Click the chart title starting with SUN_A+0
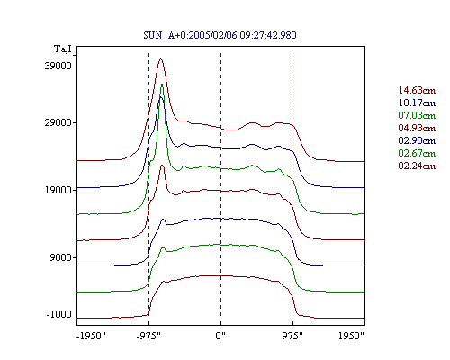tap(220, 35)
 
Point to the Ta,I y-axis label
tap(63, 49)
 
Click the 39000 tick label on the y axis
tap(58, 66)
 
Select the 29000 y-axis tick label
tap(58, 122)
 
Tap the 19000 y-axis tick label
tap(58, 190)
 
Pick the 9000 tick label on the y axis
tap(61, 257)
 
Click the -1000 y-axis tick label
tap(59, 314)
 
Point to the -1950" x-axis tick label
tap(91, 336)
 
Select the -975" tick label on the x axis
tap(148, 336)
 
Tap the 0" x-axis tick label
tap(220, 336)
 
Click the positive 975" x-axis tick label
tap(292, 336)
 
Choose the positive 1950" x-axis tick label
tap(351, 336)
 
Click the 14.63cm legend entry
tap(417, 90)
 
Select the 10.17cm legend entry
tap(417, 103)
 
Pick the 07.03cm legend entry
tap(417, 115)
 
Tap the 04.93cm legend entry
tap(417, 128)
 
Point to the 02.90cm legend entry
tap(417, 140)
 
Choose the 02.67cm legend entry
tap(417, 153)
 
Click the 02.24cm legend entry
tap(417, 166)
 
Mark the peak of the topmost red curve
tap(161, 58)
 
